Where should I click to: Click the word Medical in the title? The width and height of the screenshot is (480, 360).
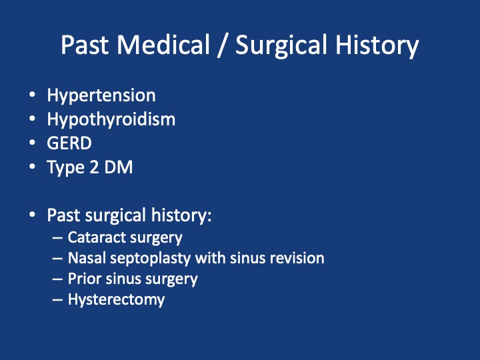pos(163,45)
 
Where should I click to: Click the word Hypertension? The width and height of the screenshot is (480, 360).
pos(101,96)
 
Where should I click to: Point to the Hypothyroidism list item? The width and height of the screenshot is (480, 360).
pos(111,120)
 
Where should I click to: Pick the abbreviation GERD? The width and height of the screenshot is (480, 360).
pos(69,143)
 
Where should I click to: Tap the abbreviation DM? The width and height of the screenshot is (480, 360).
pos(119,167)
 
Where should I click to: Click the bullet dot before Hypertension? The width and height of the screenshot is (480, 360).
pos(32,95)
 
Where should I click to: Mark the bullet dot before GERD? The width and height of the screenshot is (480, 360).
pos(32,143)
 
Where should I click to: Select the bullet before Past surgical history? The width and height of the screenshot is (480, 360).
pos(32,215)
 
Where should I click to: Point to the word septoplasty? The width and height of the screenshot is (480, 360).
pos(150,259)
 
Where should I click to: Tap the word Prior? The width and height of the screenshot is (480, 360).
pos(85,279)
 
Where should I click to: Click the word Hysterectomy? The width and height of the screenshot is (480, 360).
pos(116,300)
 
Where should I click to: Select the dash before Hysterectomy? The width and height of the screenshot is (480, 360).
pos(57,300)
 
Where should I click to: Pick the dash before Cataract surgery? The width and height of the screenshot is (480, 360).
pos(57,238)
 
